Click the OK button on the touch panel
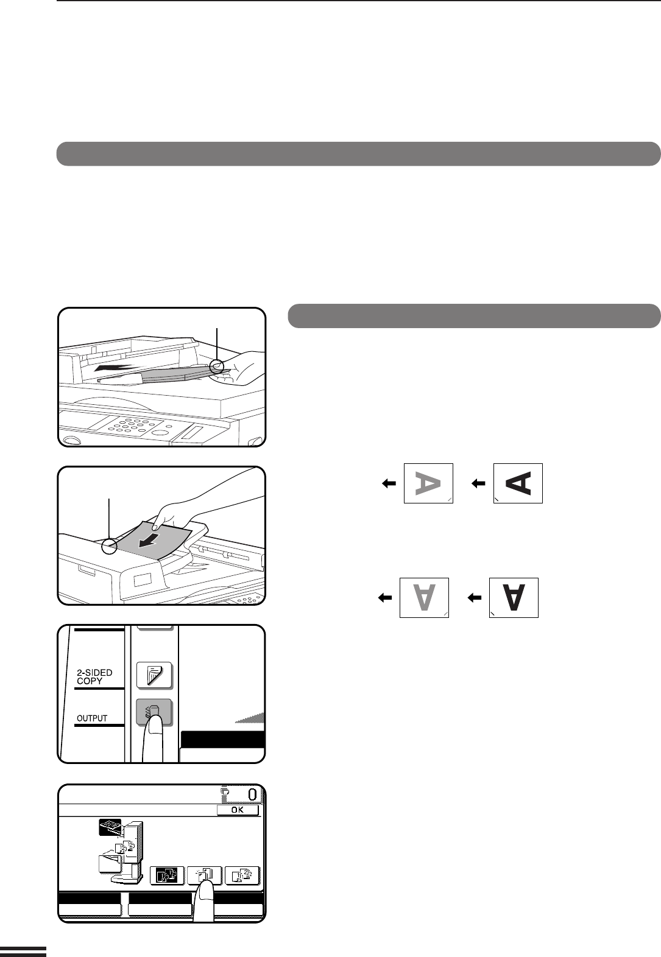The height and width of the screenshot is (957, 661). point(238,810)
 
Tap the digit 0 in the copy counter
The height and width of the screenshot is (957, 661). point(252,794)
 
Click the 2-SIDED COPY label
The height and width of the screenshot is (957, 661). point(94,677)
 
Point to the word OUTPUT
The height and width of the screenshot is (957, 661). point(92,718)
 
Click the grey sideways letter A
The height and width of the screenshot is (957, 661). point(428,483)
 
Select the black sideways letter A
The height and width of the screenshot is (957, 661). point(518,483)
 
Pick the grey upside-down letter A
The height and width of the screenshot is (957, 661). point(423,598)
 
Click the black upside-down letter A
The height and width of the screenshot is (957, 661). point(514,598)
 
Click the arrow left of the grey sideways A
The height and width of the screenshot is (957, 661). point(389,483)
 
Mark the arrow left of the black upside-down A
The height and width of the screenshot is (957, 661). point(475,598)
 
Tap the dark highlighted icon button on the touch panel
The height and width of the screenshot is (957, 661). point(167,875)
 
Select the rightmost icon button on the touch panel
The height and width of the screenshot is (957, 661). point(242,875)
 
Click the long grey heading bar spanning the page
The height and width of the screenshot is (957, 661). point(358,154)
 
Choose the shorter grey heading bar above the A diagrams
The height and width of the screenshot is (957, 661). point(474,316)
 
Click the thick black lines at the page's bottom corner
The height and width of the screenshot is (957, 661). point(23,952)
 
